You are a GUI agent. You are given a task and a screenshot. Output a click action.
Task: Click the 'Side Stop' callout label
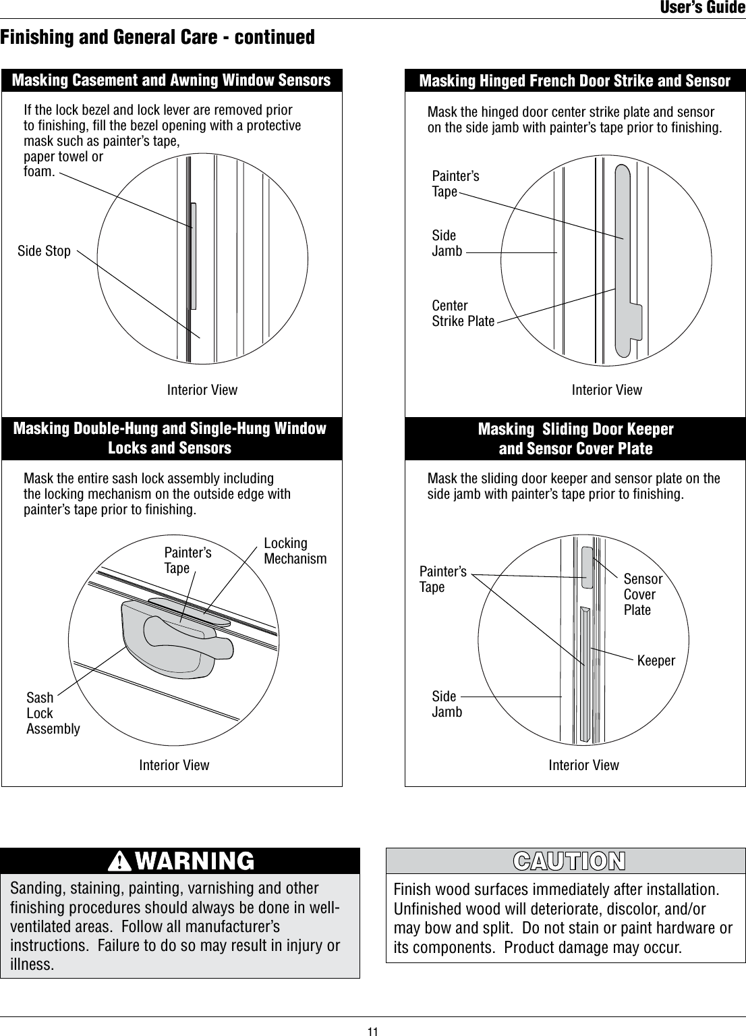[x=44, y=251]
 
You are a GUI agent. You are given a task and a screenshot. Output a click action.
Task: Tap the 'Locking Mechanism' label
[x=295, y=551]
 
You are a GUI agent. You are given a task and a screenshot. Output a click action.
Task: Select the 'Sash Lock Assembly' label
[x=53, y=713]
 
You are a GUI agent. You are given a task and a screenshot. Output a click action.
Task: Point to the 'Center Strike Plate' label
[x=463, y=314]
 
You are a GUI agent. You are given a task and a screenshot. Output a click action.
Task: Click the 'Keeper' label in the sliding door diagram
[x=656, y=661]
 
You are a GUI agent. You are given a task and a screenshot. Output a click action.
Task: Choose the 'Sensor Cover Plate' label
[x=642, y=595]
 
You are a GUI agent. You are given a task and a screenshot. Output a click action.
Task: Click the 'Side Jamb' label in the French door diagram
[x=447, y=244]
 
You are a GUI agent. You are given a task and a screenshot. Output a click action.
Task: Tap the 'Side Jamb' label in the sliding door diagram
[x=447, y=704]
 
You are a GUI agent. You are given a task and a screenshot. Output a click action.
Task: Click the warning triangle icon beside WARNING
[x=119, y=861]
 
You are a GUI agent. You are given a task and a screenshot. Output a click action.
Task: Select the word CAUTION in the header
[x=569, y=862]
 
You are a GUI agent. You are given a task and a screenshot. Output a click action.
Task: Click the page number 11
[x=373, y=1031]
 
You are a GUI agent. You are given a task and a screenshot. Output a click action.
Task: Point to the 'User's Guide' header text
[x=702, y=8]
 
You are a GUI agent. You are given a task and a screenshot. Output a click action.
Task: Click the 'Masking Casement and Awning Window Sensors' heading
[x=171, y=80]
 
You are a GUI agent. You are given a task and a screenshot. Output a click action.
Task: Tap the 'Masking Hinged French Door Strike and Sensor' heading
[x=575, y=81]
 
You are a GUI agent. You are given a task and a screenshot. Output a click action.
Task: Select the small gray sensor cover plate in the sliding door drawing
[x=587, y=567]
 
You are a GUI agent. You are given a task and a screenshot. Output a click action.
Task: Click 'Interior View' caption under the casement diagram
[x=202, y=390]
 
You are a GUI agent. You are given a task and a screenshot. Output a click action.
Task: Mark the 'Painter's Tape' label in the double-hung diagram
[x=188, y=560]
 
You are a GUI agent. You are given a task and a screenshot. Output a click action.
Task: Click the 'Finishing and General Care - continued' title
[x=158, y=37]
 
